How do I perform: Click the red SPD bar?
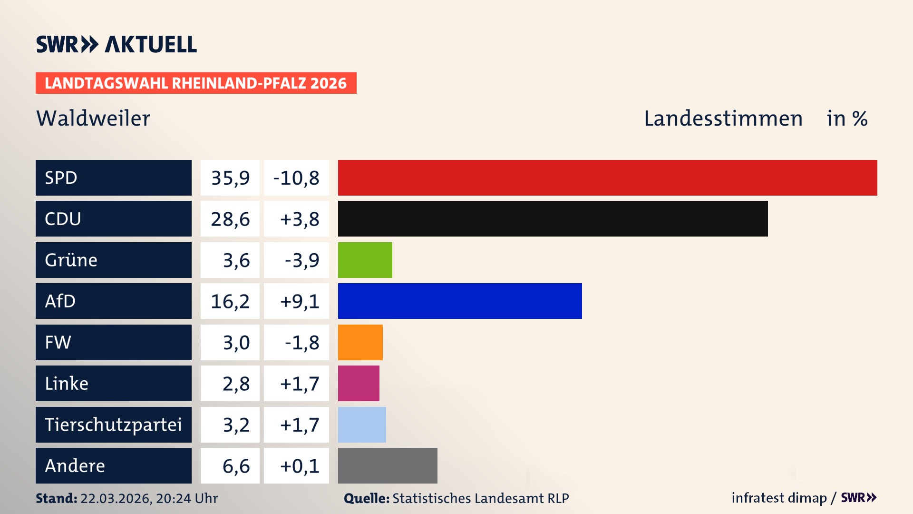pos(607,178)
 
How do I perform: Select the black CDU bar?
pos(553,219)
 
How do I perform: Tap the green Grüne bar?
pos(365,260)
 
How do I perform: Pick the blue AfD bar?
pos(460,301)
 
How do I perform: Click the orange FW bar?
pos(360,342)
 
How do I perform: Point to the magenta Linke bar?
pos(359,383)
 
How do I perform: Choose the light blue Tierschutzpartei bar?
pos(362,425)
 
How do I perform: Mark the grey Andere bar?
pos(388,465)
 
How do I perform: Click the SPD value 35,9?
pos(230,178)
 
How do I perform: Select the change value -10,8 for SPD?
pos(296,178)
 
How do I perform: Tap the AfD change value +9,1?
pos(299,301)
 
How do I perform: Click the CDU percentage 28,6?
pos(230,219)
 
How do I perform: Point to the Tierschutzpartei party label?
pos(113,425)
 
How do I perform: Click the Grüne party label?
pos(71,260)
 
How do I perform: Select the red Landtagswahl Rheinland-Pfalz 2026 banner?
pos(196,83)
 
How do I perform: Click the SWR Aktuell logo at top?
pos(116,44)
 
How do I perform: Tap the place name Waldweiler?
pos(93,119)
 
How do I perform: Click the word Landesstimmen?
pos(723,119)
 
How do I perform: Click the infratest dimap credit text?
pos(779,498)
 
